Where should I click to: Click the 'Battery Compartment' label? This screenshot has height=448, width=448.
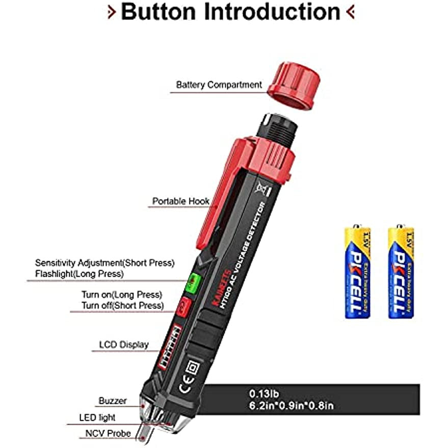pyautogui.click(x=219, y=85)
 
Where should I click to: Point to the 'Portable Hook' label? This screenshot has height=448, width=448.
pyautogui.click(x=181, y=201)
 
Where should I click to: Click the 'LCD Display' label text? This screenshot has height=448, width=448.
pyautogui.click(x=124, y=345)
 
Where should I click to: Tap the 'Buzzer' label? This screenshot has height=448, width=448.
pyautogui.click(x=113, y=401)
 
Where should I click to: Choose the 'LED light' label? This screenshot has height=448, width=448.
pyautogui.click(x=97, y=417)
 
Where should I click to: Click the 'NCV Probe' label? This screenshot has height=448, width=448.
pyautogui.click(x=108, y=434)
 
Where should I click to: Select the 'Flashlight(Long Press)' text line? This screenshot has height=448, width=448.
pyautogui.click(x=79, y=274)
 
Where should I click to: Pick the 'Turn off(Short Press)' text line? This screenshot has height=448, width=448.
pyautogui.click(x=123, y=305)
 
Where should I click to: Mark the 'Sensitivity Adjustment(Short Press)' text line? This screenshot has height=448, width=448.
pyautogui.click(x=104, y=263)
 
